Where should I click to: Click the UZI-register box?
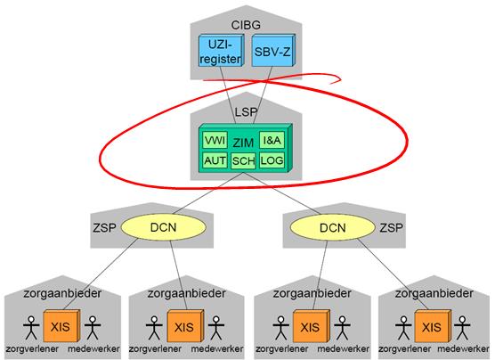coord(221,50)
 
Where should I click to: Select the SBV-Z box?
coord(273,50)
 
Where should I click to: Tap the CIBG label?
coord(246,25)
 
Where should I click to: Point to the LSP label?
coord(246,112)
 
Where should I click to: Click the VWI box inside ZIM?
coord(215,140)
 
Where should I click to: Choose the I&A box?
coord(272,140)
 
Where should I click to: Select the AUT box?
coord(215,160)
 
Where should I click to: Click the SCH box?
coord(243,161)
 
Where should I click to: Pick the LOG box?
coord(272,160)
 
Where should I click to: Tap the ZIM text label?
coord(243,143)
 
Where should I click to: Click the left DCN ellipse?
coord(164,227)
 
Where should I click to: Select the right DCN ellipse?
coord(333,227)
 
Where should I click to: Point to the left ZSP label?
coord(104,227)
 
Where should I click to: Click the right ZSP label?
coord(391,227)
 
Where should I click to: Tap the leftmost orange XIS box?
coord(61,326)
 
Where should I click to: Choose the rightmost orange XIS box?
coord(433,326)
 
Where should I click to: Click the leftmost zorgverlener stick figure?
coord(31,327)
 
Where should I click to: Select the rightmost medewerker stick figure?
coord(462,327)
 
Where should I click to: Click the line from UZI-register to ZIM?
coord(228,94)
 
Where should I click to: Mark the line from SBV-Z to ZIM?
coord(263,94)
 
